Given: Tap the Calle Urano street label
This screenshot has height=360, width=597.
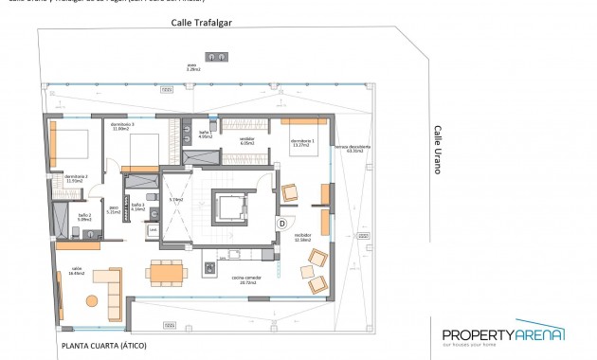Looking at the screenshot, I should (438, 151).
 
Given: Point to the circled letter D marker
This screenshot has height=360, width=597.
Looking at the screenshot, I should (281, 223).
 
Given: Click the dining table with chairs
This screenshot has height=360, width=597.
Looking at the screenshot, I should (167, 271).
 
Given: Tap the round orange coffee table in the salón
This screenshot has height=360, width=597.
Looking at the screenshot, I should (92, 301).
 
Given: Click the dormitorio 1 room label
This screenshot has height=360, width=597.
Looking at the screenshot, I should (302, 143).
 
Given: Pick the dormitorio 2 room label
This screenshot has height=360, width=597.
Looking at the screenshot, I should (76, 177).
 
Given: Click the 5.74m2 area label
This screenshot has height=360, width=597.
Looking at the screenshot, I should (176, 200).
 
